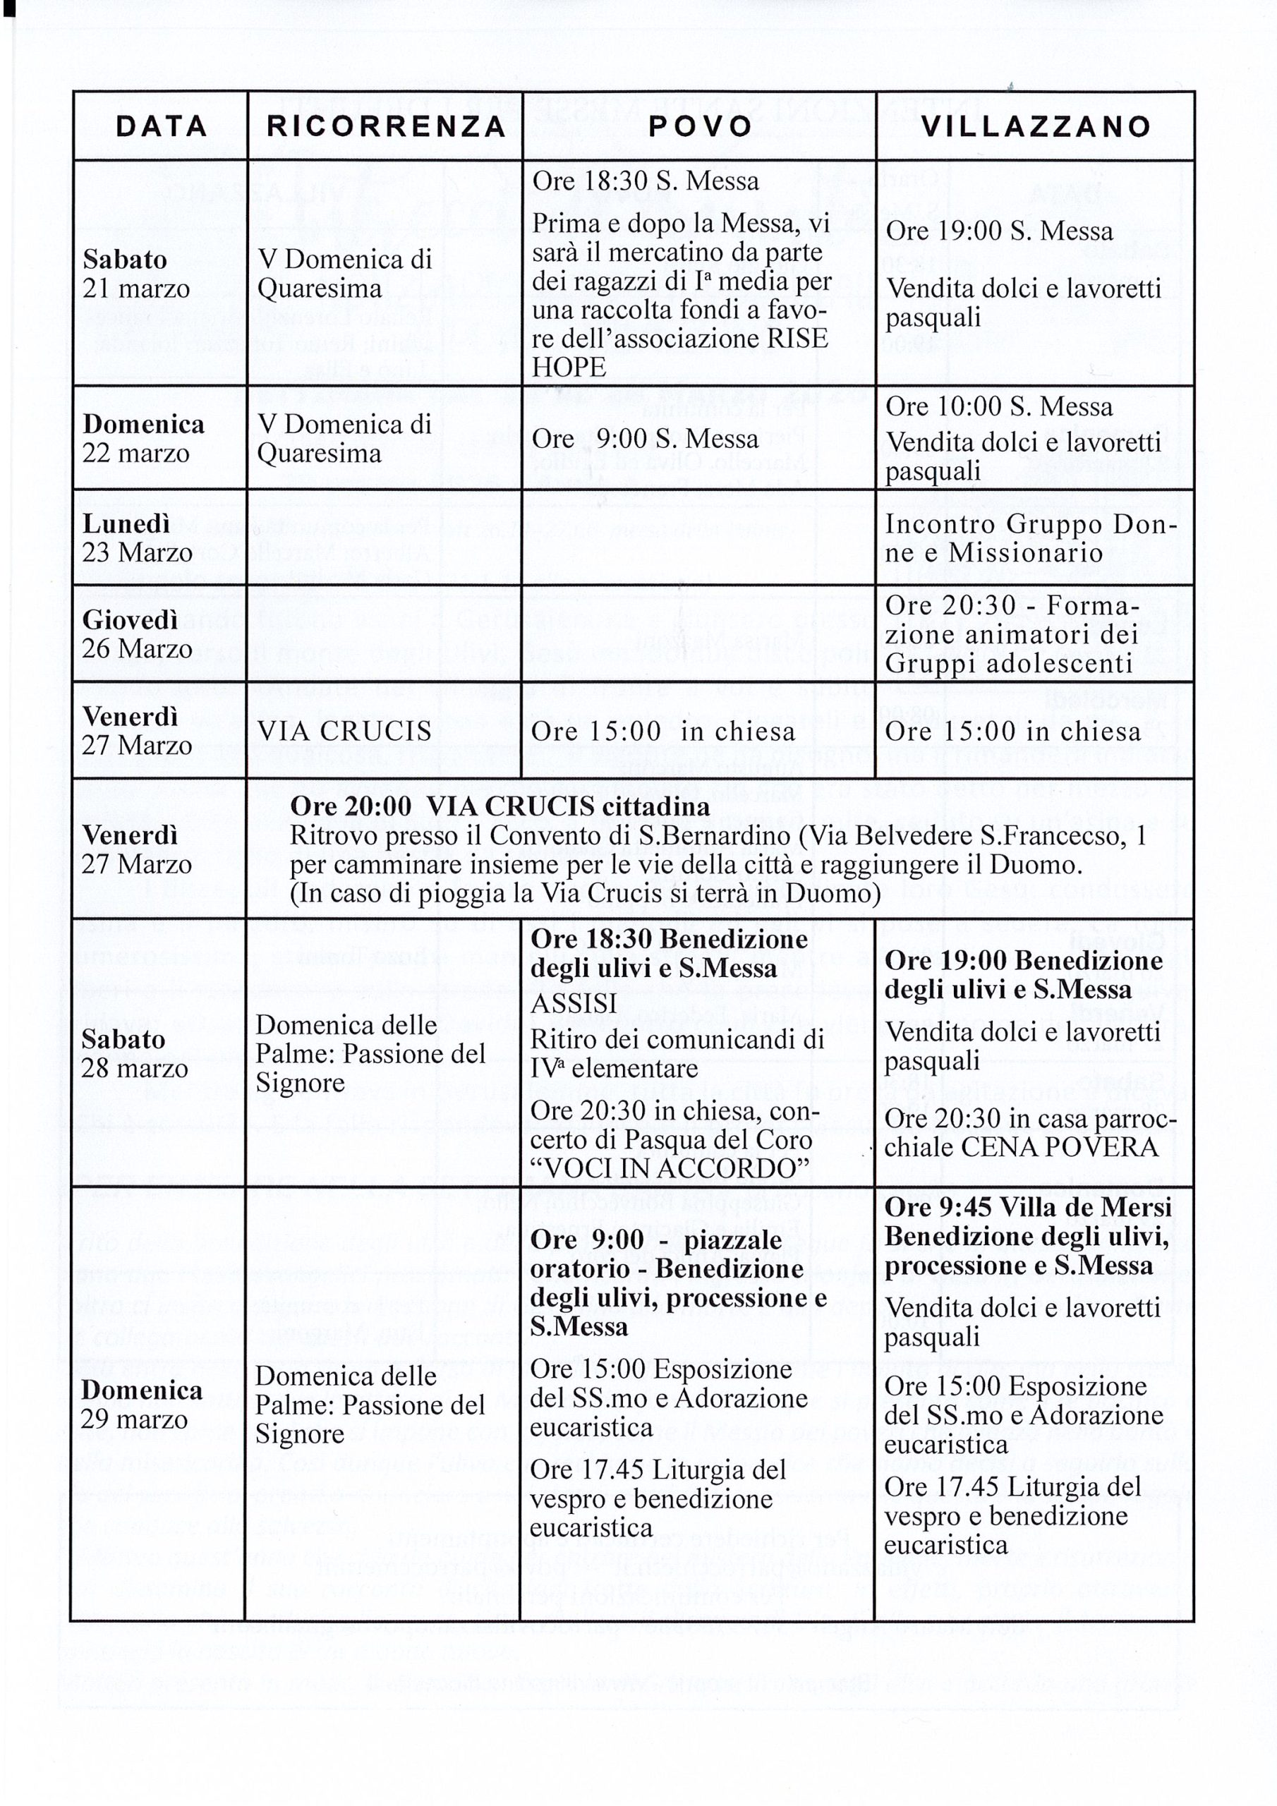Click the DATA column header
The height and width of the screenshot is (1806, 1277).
162,127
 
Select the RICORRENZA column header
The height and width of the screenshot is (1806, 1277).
385,127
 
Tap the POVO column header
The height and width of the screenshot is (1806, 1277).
699,127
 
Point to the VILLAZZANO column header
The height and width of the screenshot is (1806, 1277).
1036,127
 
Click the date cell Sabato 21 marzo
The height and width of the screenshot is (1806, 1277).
136,274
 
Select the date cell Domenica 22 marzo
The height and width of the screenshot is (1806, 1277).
143,438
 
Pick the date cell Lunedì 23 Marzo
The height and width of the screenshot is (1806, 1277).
137,538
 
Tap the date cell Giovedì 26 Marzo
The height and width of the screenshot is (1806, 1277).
137,634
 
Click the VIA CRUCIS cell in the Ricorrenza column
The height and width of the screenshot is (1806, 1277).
344,731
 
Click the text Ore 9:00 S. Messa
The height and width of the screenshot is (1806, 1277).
645,438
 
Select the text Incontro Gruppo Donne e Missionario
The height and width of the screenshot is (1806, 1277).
1031,538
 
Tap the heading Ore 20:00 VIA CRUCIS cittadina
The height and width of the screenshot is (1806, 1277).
500,806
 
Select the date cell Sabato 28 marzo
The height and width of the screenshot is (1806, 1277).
135,1054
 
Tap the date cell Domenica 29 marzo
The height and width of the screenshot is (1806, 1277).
142,1404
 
